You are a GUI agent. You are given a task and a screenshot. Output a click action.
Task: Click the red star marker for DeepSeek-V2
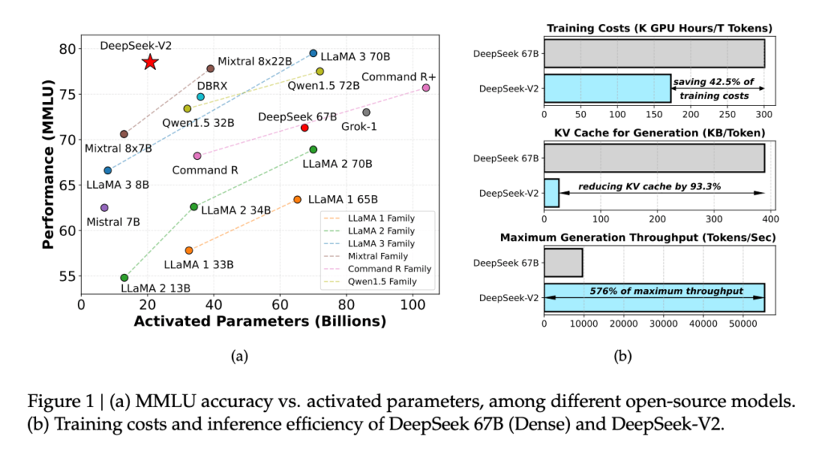click(149, 63)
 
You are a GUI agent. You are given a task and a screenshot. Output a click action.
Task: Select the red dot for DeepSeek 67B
click(304, 128)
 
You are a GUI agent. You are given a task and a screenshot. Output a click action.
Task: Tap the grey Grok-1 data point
click(366, 112)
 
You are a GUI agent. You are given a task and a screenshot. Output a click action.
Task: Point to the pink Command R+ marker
click(425, 88)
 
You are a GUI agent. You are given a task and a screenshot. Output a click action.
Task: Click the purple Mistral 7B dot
click(104, 207)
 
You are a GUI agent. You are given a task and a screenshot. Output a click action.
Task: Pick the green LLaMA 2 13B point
click(124, 277)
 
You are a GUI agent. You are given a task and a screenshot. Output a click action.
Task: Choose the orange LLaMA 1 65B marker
click(297, 199)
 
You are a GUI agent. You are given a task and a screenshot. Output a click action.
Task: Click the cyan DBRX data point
click(200, 96)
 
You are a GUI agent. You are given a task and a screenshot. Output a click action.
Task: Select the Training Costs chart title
click(659, 29)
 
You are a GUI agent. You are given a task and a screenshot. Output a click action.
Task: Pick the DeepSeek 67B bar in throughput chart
click(564, 263)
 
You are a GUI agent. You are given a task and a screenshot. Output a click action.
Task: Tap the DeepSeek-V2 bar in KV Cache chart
click(551, 193)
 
